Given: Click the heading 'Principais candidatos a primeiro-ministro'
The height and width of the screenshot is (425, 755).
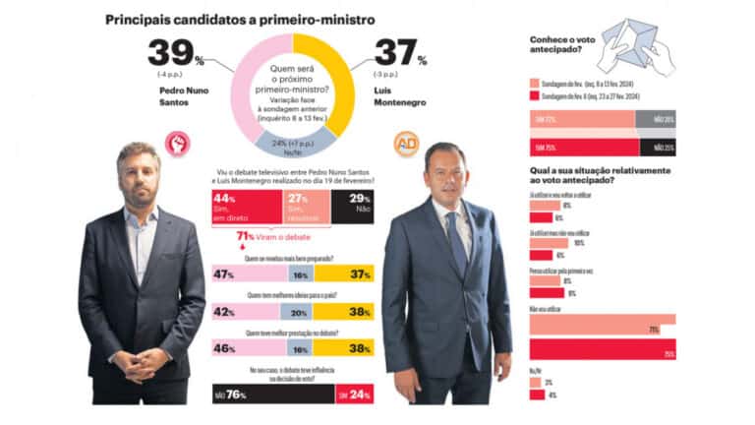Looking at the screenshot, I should point(238,19).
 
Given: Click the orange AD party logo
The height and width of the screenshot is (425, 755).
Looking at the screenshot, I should point(406,144).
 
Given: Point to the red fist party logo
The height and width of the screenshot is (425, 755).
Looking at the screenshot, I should point(178,145).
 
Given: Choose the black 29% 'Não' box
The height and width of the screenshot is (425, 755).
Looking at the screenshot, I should point(352,208).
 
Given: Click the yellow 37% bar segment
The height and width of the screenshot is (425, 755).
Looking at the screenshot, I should point(344,273).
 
